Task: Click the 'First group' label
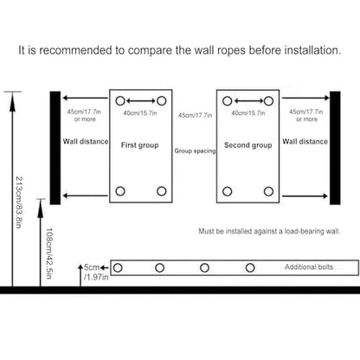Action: pos(139,145)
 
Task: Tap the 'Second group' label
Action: pos(248,145)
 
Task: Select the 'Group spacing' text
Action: pos(195,151)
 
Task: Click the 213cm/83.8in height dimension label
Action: pos(18,202)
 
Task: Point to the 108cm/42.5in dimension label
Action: pos(49,254)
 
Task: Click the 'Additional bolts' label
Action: pos(309,267)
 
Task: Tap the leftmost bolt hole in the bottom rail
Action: pos(118,268)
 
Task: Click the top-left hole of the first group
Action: pos(120,101)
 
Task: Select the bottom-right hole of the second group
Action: pos(268,191)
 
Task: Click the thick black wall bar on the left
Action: pos(55,148)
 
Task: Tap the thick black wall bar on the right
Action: pos(335,148)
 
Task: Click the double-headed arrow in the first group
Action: pos(141,101)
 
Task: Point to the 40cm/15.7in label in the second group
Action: pos(248,113)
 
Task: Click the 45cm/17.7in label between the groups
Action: pos(195,115)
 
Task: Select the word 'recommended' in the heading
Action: pos(75,50)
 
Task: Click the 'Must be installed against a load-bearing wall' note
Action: pos(269,231)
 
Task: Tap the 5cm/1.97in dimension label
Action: pos(96,272)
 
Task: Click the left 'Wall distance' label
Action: pos(86,141)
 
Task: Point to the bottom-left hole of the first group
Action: pos(120,191)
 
